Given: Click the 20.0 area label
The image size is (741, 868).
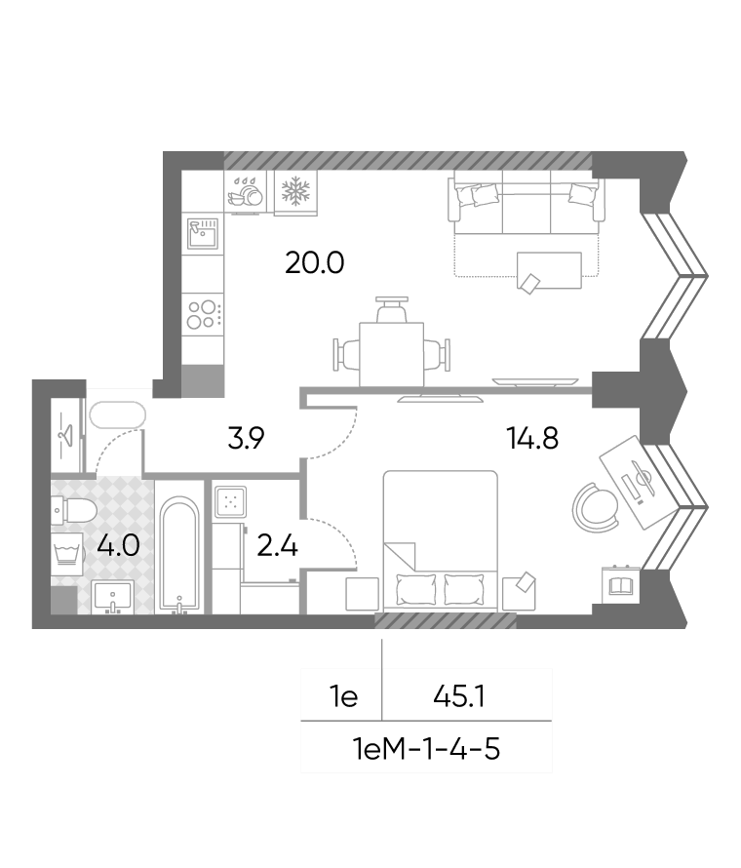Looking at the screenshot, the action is tap(314, 262).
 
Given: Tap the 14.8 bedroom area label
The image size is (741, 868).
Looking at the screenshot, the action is tap(532, 438).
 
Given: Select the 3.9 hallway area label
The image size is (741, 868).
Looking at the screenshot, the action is tap(247, 438).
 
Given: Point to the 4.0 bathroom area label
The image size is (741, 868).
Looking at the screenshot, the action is tap(118, 546).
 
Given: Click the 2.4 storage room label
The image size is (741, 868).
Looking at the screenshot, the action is tap(278, 546).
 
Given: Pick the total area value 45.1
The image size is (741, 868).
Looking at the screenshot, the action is tap(459, 696).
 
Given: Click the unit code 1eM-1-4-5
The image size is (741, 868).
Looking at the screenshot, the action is tap(426, 750).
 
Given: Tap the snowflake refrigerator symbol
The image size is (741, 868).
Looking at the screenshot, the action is tap(296, 191).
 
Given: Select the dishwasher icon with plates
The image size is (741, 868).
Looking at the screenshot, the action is tap(245, 191).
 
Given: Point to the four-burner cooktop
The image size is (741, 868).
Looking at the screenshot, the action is tap(204, 314).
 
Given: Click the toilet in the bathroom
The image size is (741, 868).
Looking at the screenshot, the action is tap(74, 510).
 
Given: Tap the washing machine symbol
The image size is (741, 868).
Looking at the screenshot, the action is tap(67, 552).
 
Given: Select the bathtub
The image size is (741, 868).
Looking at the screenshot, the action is tap(179, 555).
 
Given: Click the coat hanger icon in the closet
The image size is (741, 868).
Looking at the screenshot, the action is tap(66, 435).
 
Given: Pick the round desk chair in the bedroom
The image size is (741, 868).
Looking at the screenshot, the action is tap(595, 507).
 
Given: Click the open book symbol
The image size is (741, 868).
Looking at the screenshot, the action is tap(621, 585).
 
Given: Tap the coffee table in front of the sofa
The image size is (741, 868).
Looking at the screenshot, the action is tap(549, 271).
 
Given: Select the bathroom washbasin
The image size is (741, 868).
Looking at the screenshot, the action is tap(113, 597).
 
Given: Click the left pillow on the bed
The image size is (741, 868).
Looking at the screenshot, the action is tap(415, 589).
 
